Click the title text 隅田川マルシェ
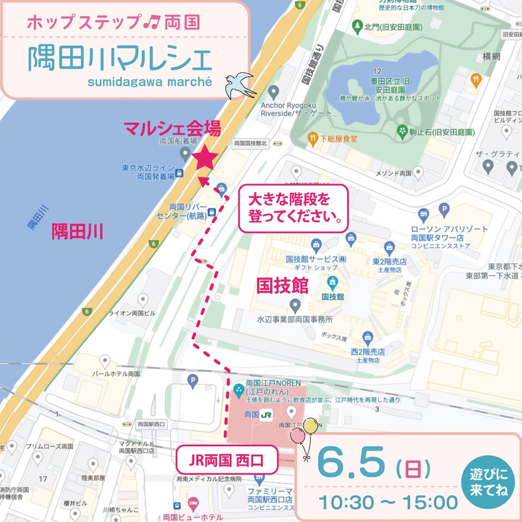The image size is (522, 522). tap(120, 58)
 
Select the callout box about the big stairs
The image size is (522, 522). tap(293, 208)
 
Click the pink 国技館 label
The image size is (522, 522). tap(282, 286)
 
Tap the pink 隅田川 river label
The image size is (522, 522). tap(77, 231)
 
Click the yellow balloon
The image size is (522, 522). tap(310, 426)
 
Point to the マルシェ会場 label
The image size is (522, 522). tap(172, 129)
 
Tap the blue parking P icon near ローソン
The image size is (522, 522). tap(443, 210)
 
